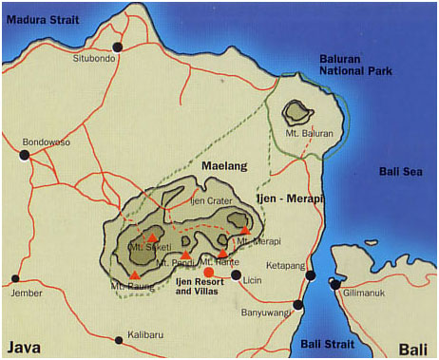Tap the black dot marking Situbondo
[x=118, y=47]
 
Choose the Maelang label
[x=224, y=166]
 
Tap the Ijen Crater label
[x=211, y=201]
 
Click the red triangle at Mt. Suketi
[x=152, y=237]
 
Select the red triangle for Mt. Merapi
[x=245, y=230]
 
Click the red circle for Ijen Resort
[x=208, y=273]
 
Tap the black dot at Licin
[x=236, y=275]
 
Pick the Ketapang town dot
[x=310, y=275]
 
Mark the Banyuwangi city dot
[x=298, y=305]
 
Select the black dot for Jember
[x=15, y=279]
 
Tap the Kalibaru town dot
[x=119, y=339]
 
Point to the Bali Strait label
[x=328, y=342]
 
